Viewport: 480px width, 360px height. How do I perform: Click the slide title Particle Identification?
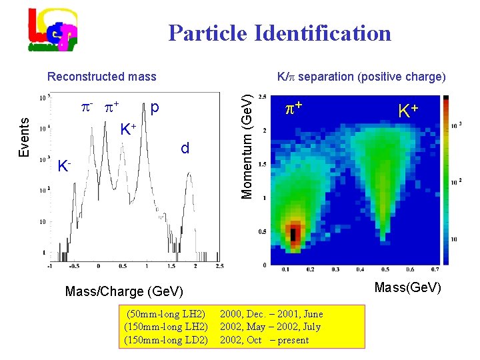(x=279, y=33)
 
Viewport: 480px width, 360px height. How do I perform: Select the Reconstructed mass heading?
(x=101, y=77)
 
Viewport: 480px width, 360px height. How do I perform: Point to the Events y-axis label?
(x=24, y=138)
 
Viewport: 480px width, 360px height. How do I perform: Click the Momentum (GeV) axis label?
(x=246, y=146)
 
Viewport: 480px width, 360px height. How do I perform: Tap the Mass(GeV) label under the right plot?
(x=407, y=287)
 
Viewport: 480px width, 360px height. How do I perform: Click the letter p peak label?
(x=155, y=107)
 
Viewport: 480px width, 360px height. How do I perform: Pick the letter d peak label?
(x=185, y=148)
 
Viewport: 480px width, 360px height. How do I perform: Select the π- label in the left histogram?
(x=87, y=106)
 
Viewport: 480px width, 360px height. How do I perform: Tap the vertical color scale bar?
(x=446, y=180)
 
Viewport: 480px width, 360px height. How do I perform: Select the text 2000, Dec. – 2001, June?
(x=271, y=314)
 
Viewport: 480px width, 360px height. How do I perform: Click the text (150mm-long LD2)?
(x=166, y=340)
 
